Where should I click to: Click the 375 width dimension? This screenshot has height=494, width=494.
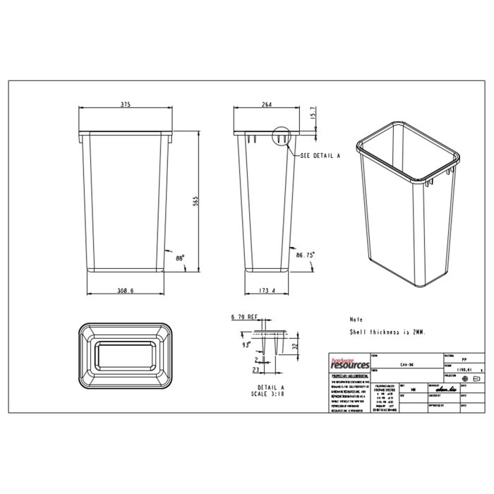125,104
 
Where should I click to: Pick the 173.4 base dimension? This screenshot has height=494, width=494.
267,289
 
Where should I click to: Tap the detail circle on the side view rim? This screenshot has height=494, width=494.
281,136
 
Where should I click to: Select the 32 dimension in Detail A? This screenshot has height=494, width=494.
294,347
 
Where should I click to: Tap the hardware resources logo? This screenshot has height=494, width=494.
349,363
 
